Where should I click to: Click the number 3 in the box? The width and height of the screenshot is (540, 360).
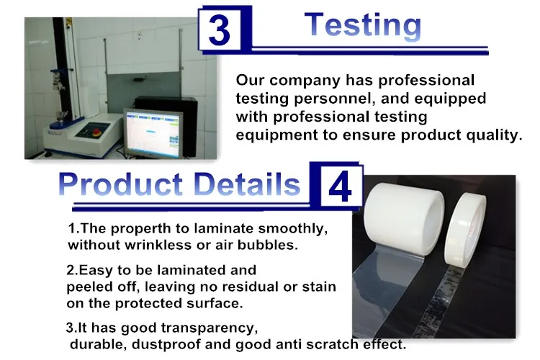(x=219, y=31)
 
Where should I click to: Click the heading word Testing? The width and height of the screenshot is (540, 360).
(x=363, y=24)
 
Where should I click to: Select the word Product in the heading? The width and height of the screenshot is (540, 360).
(x=120, y=184)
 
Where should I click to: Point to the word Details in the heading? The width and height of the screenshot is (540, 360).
(x=247, y=184)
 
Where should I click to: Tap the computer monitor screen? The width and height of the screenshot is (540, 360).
(x=153, y=134)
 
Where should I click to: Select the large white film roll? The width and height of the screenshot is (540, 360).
(x=404, y=214)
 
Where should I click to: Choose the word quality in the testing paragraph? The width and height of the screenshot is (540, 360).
(x=496, y=135)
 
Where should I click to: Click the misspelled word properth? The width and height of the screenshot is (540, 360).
(x=141, y=229)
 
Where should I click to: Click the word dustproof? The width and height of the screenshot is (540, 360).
(x=166, y=344)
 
